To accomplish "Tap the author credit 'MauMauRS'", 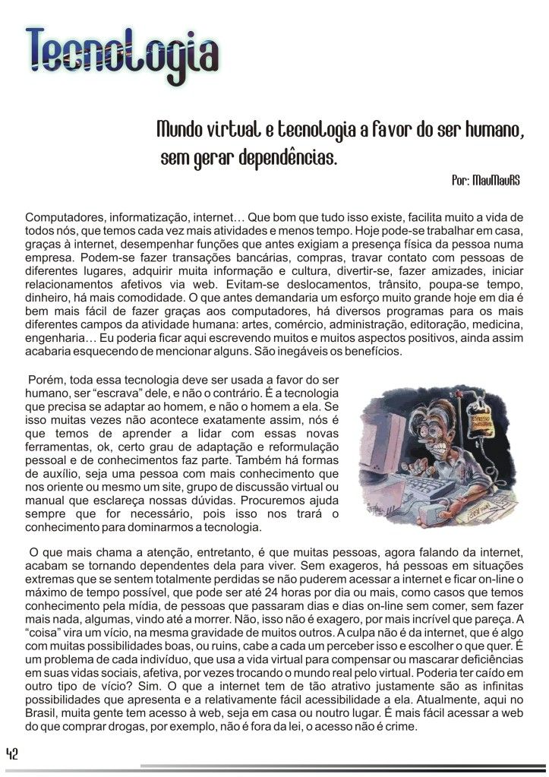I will [x=496, y=182].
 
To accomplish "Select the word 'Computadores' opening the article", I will [x=62, y=216].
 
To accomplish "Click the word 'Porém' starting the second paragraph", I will [x=46, y=379].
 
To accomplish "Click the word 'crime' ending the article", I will [x=402, y=728].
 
